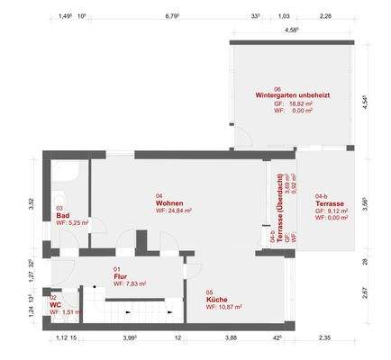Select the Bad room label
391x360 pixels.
(x=63, y=216)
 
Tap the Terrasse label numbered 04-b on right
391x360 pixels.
(x=330, y=204)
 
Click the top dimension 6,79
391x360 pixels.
(x=170, y=16)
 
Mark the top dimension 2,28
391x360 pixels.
(x=325, y=16)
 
